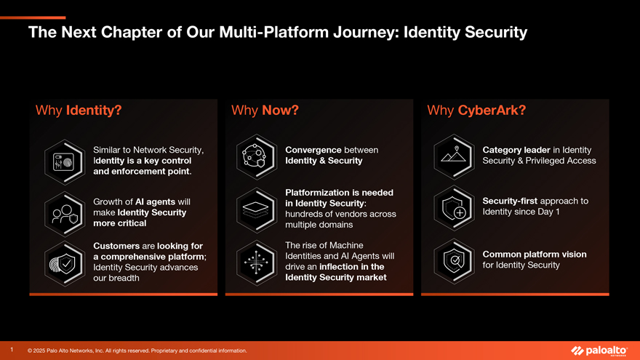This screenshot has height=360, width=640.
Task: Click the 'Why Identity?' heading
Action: [x=79, y=111]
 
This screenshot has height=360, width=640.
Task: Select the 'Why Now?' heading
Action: [x=265, y=111]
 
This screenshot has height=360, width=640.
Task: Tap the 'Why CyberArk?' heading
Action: [x=476, y=111]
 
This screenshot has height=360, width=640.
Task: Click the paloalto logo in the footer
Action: [x=599, y=351]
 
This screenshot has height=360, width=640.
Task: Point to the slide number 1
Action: [x=12, y=349]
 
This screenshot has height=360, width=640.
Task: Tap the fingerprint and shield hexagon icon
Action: [x=65, y=264]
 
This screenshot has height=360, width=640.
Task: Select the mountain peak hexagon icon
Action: [x=454, y=157]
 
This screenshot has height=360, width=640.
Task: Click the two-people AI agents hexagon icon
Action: [x=65, y=214]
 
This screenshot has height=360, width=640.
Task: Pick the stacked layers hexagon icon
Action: [x=257, y=210]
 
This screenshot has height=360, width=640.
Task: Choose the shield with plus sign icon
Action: [x=454, y=208]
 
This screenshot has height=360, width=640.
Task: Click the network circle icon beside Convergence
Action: [x=257, y=157]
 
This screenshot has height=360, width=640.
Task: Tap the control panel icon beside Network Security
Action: [x=65, y=162]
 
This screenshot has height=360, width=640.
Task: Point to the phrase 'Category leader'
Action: [x=516, y=151]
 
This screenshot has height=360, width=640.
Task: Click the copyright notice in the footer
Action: [x=137, y=351]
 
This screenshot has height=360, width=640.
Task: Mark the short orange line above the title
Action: [x=33, y=17]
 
